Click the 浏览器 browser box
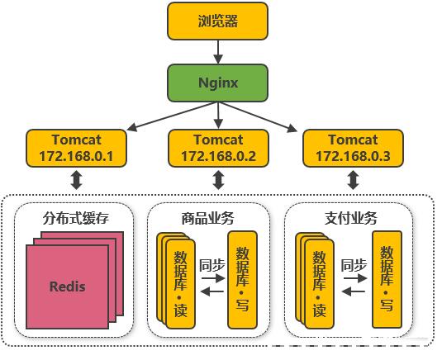pos(217,21)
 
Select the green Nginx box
pos(217,83)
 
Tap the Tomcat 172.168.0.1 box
pos(76,148)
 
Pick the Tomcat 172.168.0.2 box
pos(218,148)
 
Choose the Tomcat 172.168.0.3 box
pos(353,148)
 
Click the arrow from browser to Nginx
pos(218,52)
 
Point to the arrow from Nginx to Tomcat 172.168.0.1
pos(171,116)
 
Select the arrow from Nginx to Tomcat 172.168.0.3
pos(258,116)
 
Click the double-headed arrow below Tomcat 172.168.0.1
pos(76,179)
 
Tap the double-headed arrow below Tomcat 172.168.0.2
pos(218,179)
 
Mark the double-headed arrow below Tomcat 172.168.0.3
pos(354,179)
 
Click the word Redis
pos(68,287)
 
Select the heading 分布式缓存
pos(75,218)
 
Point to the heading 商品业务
pos(207,218)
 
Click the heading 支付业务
pos(350,218)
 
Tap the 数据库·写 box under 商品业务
pos(242,280)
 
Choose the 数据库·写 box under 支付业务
pos(387,279)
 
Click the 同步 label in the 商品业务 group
pos(212,265)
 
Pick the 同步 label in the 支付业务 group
pos(354,265)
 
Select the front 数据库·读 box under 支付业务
pos(320,284)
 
